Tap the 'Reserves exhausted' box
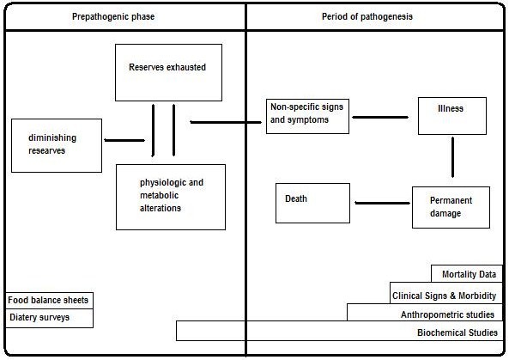(168, 71)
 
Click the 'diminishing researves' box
(57, 144)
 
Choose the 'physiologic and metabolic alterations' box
(171, 197)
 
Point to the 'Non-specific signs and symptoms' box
(308, 115)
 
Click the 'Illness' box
(452, 116)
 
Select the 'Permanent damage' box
(451, 207)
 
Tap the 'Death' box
(312, 203)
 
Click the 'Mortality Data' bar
(468, 274)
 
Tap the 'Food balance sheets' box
(48, 301)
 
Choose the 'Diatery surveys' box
(48, 318)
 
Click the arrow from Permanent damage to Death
(381, 204)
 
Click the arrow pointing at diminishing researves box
(124, 139)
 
